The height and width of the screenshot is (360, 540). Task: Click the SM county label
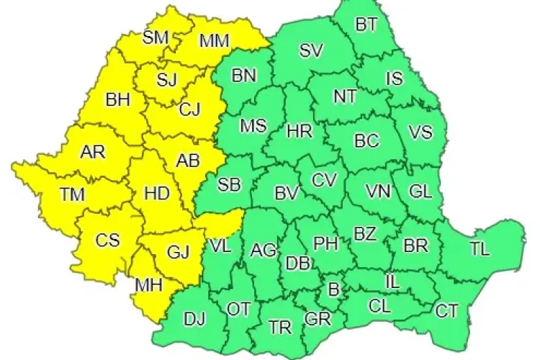[156, 37]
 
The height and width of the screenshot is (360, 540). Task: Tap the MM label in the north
[214, 41]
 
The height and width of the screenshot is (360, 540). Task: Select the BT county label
[366, 25]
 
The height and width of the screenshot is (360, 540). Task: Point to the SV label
[312, 50]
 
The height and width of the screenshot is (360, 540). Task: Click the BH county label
[117, 99]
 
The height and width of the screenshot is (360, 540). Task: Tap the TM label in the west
[71, 194]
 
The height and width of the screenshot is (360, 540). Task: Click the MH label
[148, 286]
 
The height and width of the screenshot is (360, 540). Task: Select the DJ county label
[194, 318]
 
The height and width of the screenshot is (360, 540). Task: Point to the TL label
[479, 250]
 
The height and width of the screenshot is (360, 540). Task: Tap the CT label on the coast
[447, 311]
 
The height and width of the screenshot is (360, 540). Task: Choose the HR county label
[299, 132]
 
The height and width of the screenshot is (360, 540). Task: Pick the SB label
[229, 185]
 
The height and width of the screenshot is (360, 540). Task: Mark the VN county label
[378, 192]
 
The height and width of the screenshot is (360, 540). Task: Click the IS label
[395, 78]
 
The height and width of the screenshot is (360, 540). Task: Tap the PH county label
[326, 243]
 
